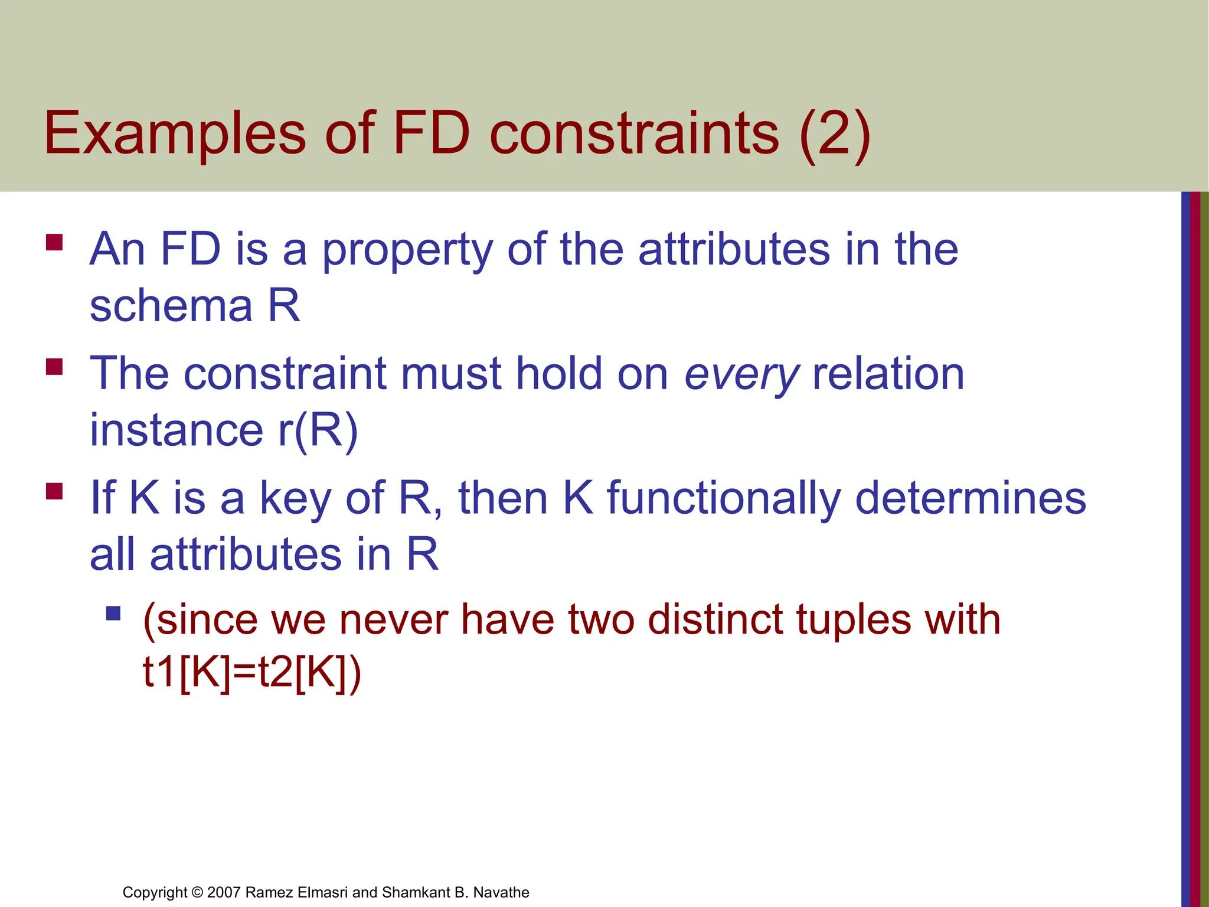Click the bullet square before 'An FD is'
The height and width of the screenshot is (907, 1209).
tap(54, 243)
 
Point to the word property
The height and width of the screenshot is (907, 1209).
tap(407, 250)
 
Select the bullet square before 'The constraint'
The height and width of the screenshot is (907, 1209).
tap(54, 367)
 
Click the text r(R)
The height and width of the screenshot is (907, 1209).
tap(318, 430)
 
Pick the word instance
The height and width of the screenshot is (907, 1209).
tap(176, 430)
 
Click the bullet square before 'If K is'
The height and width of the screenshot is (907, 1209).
tap(54, 491)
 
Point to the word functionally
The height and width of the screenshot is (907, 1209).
tap(724, 498)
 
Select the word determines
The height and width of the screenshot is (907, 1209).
tap(971, 498)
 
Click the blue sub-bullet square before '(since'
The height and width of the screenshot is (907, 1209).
tap(113, 614)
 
